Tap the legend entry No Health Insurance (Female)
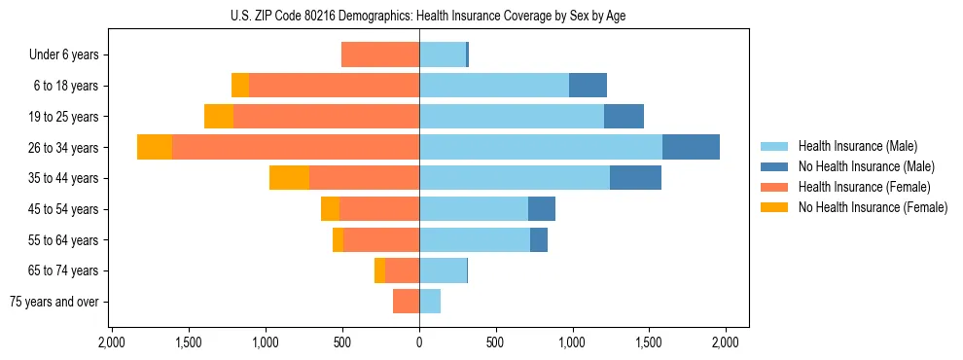point(873,207)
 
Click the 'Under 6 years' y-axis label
point(63,55)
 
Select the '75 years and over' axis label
point(54,302)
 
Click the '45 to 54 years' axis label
point(65,209)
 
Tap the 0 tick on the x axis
point(419,342)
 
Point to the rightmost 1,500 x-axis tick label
point(649,342)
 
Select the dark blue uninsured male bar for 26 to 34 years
point(691,147)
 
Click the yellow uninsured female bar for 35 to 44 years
point(289,178)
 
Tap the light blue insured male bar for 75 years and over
point(430,302)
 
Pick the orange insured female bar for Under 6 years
point(380,55)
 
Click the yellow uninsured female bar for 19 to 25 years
point(219,117)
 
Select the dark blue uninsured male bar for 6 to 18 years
point(588,86)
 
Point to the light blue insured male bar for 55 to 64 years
point(475,239)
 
